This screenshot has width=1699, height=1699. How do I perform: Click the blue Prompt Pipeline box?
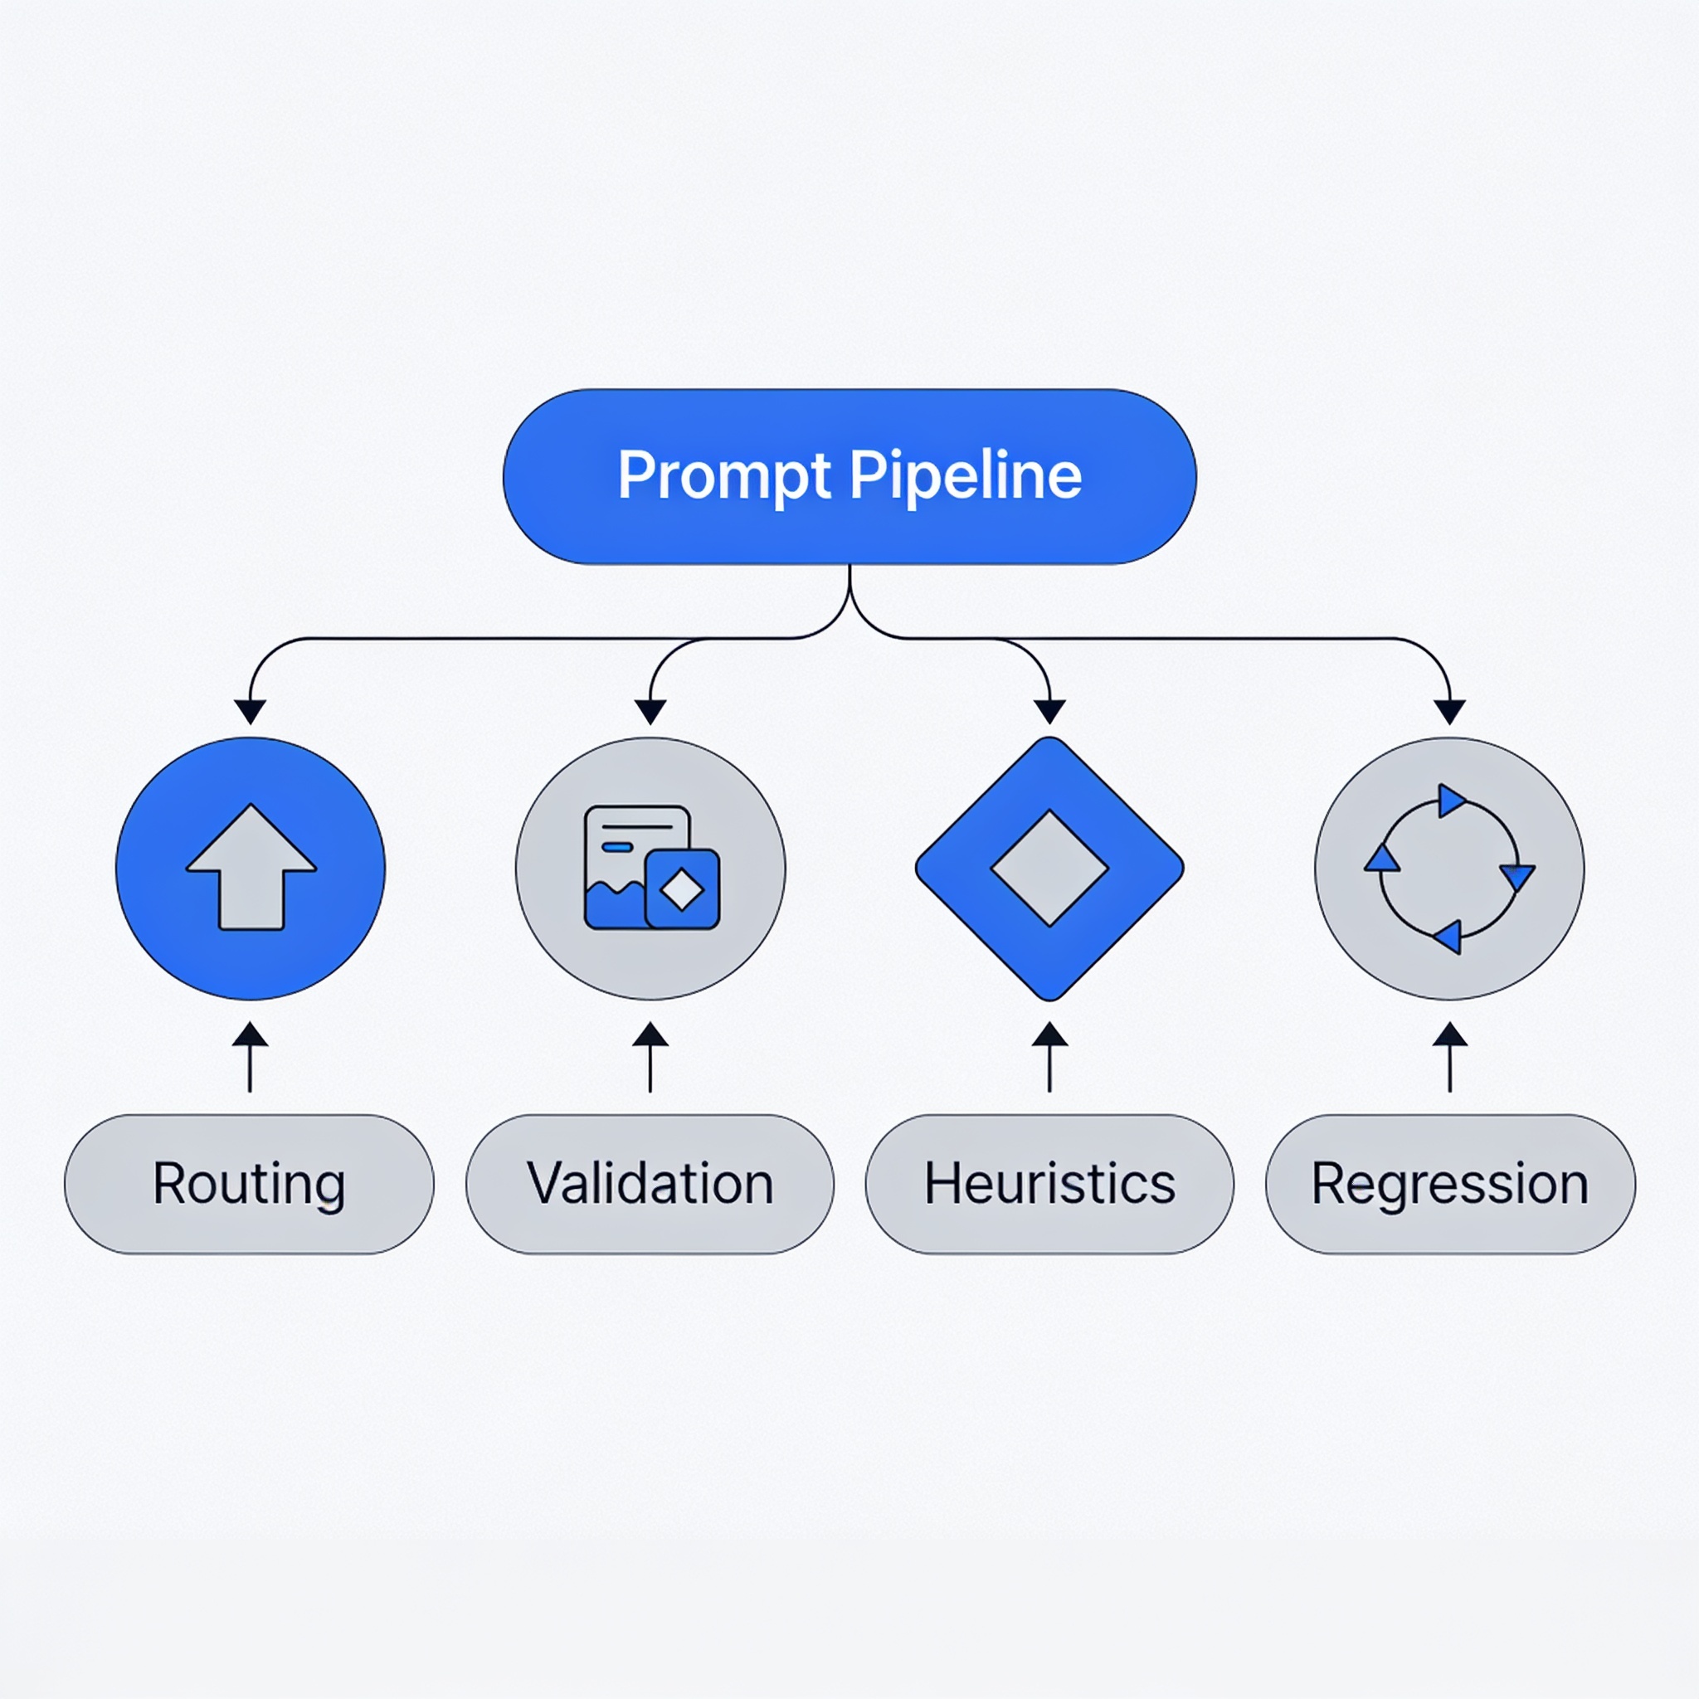point(849,477)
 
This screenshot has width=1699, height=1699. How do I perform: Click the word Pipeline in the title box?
point(966,477)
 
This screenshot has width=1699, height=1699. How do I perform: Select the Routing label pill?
point(250,1185)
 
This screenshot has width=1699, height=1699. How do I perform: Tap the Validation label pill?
point(650,1185)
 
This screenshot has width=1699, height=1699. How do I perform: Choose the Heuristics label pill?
point(1050,1185)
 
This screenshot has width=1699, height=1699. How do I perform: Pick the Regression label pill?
point(1450,1185)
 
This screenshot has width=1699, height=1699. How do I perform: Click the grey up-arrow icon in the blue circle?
point(251,867)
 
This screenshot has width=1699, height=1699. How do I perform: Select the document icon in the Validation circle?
point(651,868)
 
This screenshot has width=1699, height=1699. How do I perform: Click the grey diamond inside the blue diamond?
point(1050,868)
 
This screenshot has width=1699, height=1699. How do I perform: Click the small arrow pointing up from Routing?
point(251,1057)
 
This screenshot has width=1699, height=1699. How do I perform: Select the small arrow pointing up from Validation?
point(650,1057)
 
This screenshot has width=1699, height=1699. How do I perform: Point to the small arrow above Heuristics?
point(1050,1057)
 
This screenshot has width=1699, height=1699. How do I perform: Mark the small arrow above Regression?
point(1450,1057)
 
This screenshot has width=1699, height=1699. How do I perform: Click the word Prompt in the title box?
point(724,477)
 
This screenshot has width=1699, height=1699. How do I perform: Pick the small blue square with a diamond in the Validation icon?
point(683,889)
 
